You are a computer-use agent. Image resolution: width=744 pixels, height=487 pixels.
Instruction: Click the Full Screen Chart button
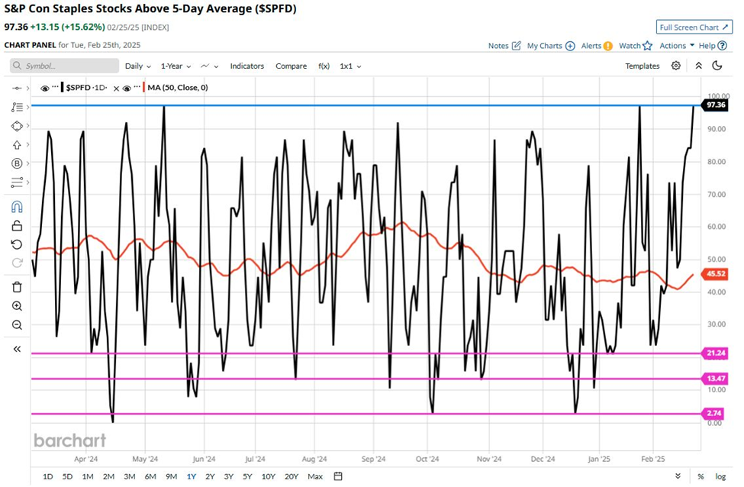pos(694,27)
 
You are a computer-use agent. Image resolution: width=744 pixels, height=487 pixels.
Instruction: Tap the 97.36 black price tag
pos(715,105)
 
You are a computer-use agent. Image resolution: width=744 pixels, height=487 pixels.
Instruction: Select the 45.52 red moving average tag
pos(715,273)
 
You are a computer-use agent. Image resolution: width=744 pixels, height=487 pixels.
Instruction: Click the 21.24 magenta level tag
pos(715,353)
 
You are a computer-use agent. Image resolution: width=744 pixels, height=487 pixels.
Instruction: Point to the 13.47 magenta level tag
pos(715,379)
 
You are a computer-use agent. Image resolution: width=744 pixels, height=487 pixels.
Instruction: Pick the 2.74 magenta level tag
pos(715,413)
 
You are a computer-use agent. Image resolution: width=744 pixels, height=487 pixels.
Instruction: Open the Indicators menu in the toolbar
pos(246,66)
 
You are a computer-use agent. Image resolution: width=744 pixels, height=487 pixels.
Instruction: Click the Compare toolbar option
pos(291,66)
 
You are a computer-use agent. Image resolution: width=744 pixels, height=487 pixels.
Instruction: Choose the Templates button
pos(642,66)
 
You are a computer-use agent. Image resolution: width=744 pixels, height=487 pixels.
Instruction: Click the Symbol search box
pos(65,66)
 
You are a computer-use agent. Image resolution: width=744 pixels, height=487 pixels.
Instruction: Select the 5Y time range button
pos(247,476)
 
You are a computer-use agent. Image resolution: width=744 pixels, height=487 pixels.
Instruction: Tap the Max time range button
pos(314,476)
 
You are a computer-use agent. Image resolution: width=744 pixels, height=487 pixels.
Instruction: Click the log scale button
pos(720,476)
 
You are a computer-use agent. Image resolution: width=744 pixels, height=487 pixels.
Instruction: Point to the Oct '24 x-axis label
pos(427,460)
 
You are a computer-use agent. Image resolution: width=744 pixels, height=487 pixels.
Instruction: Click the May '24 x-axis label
pos(145,460)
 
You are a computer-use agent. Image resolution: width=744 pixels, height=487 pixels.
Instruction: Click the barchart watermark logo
pos(69,440)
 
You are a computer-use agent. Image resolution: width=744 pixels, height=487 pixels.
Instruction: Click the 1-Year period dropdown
pos(175,66)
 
